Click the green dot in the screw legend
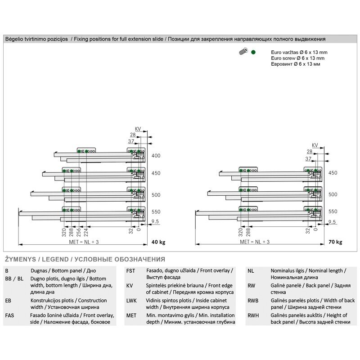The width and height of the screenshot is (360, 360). click(x=253, y=52)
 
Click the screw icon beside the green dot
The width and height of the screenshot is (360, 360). click(x=243, y=51)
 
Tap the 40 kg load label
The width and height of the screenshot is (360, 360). click(x=158, y=242)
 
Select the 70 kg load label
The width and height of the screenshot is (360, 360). click(x=335, y=242)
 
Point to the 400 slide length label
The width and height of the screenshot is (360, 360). click(x=156, y=156)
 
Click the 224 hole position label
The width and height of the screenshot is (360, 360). click(x=86, y=232)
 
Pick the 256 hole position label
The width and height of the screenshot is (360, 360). click(x=78, y=232)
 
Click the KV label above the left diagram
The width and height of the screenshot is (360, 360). click(x=138, y=129)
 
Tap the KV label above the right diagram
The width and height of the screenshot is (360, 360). click(x=315, y=145)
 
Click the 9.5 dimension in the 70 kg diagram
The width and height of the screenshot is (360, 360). click(x=332, y=222)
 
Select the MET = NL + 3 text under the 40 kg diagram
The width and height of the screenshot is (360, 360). click(x=84, y=242)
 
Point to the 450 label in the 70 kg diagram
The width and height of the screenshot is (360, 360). click(x=333, y=173)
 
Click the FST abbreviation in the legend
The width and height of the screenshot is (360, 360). click(x=130, y=271)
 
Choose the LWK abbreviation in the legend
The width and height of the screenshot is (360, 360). click(x=131, y=301)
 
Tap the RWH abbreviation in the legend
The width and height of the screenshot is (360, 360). click(x=253, y=315)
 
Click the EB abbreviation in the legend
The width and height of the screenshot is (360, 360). click(x=8, y=301)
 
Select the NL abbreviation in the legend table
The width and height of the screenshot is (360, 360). click(x=251, y=271)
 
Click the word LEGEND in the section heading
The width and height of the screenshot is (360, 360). click(x=55, y=260)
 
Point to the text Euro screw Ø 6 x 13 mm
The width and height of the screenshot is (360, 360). click(x=297, y=58)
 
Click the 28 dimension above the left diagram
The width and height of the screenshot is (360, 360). click(x=133, y=135)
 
